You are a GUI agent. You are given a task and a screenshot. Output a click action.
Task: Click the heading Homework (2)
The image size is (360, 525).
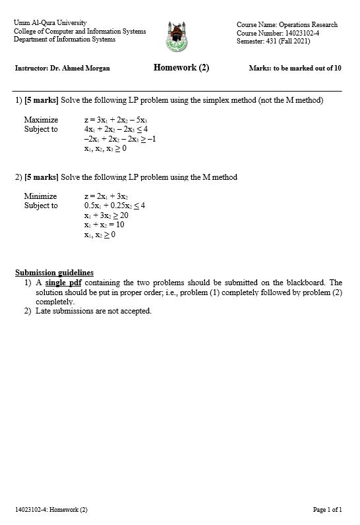pos(181,68)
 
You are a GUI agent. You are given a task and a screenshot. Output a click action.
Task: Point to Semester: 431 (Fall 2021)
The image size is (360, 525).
pos(273,41)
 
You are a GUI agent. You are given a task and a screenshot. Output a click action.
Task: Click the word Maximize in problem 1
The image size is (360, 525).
pos(41,120)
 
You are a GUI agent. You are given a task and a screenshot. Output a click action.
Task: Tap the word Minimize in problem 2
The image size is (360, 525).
pos(40,196)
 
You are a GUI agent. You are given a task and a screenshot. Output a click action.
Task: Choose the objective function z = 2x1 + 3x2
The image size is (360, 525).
pos(106,196)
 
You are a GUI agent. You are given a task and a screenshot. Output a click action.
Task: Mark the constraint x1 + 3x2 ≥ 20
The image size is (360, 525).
pos(106,215)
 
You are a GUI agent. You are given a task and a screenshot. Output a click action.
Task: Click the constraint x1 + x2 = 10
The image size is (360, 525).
pos(104,225)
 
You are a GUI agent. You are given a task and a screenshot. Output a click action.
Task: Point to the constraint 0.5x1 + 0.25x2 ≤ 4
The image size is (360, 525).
pos(115,206)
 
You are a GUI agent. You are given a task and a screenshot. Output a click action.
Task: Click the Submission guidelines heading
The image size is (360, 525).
pos(54,273)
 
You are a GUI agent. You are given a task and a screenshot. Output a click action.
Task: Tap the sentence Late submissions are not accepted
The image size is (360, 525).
pos(93,311)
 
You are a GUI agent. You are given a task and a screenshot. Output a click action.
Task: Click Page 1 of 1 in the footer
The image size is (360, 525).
pos(327,510)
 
